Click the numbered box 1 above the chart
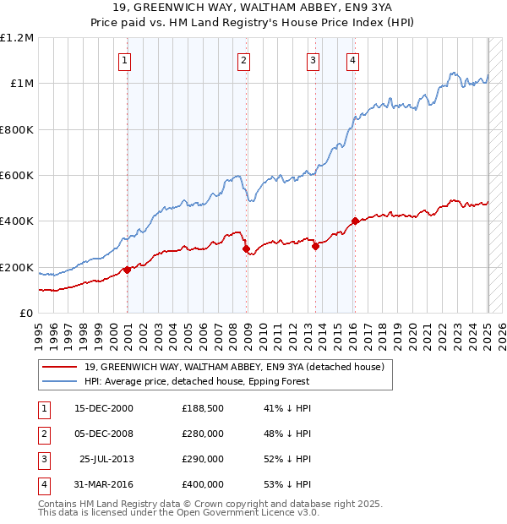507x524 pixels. [124, 60]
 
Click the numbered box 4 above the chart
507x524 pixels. [352, 60]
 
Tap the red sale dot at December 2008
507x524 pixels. [246, 249]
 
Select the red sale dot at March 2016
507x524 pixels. [355, 221]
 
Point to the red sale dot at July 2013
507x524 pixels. [315, 247]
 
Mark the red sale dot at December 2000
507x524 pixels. [127, 270]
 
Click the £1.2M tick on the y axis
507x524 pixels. [17, 38]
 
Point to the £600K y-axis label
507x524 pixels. [17, 176]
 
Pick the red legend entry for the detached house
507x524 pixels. [234, 367]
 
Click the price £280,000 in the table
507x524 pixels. [203, 434]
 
